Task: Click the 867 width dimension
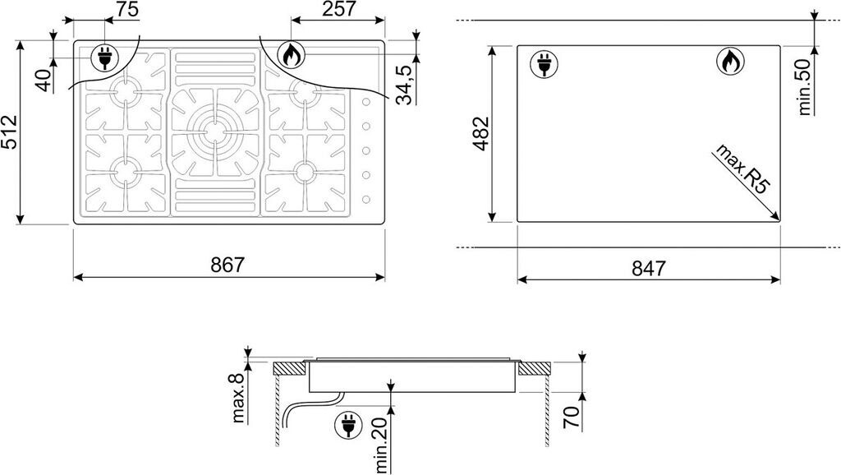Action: pyautogui.click(x=227, y=265)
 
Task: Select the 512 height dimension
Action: pyautogui.click(x=10, y=132)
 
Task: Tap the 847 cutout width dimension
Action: pyautogui.click(x=649, y=268)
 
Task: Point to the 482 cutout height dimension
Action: pyautogui.click(x=481, y=134)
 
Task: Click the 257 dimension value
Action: pyautogui.click(x=338, y=9)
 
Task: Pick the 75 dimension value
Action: pyautogui.click(x=126, y=9)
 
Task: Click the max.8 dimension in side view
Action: pyautogui.click(x=238, y=398)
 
